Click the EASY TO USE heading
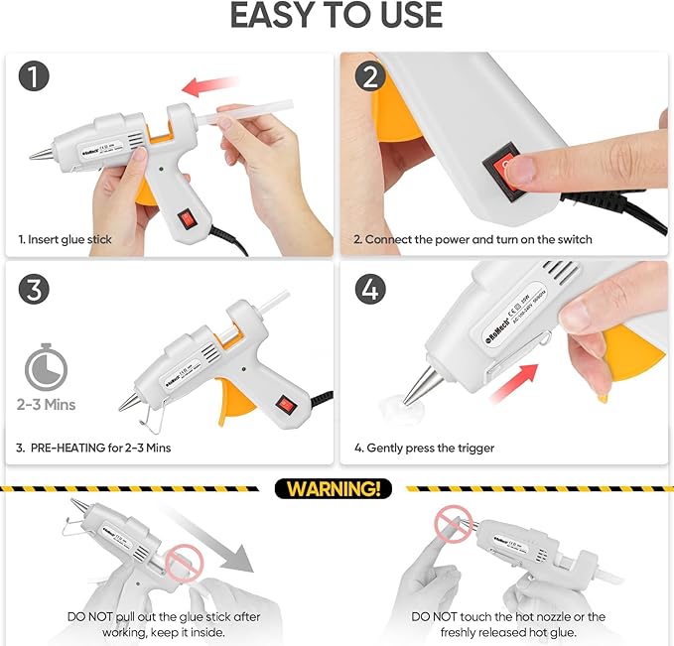337,17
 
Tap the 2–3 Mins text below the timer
45,405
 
